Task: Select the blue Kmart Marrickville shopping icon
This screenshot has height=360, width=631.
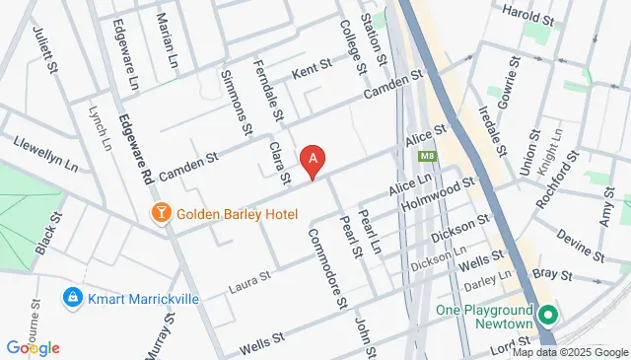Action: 71,296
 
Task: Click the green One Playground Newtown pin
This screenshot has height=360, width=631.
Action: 548,316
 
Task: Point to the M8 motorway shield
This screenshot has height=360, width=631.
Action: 427,156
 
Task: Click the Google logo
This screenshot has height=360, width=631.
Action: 33,347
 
